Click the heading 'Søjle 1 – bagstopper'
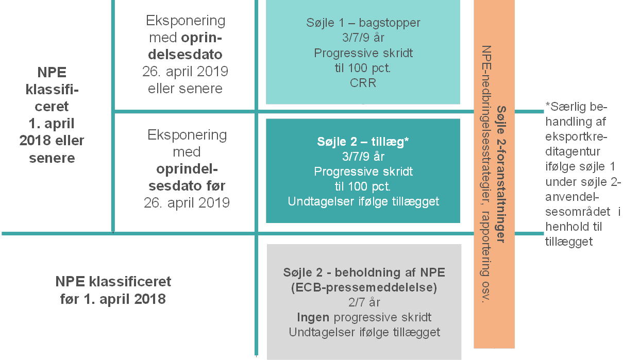[363, 23]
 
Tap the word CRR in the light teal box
[363, 82]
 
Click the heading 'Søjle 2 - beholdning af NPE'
[364, 272]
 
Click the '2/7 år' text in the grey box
[364, 302]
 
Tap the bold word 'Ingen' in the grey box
[313, 317]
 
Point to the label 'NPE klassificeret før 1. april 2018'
[113, 290]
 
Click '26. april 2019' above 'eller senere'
[186, 71]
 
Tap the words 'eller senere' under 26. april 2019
[186, 88]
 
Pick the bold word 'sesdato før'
[187, 185]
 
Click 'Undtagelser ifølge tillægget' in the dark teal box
[363, 201]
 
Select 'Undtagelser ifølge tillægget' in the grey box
[364, 332]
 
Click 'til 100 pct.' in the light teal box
[363, 68]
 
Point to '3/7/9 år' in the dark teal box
[363, 157]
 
